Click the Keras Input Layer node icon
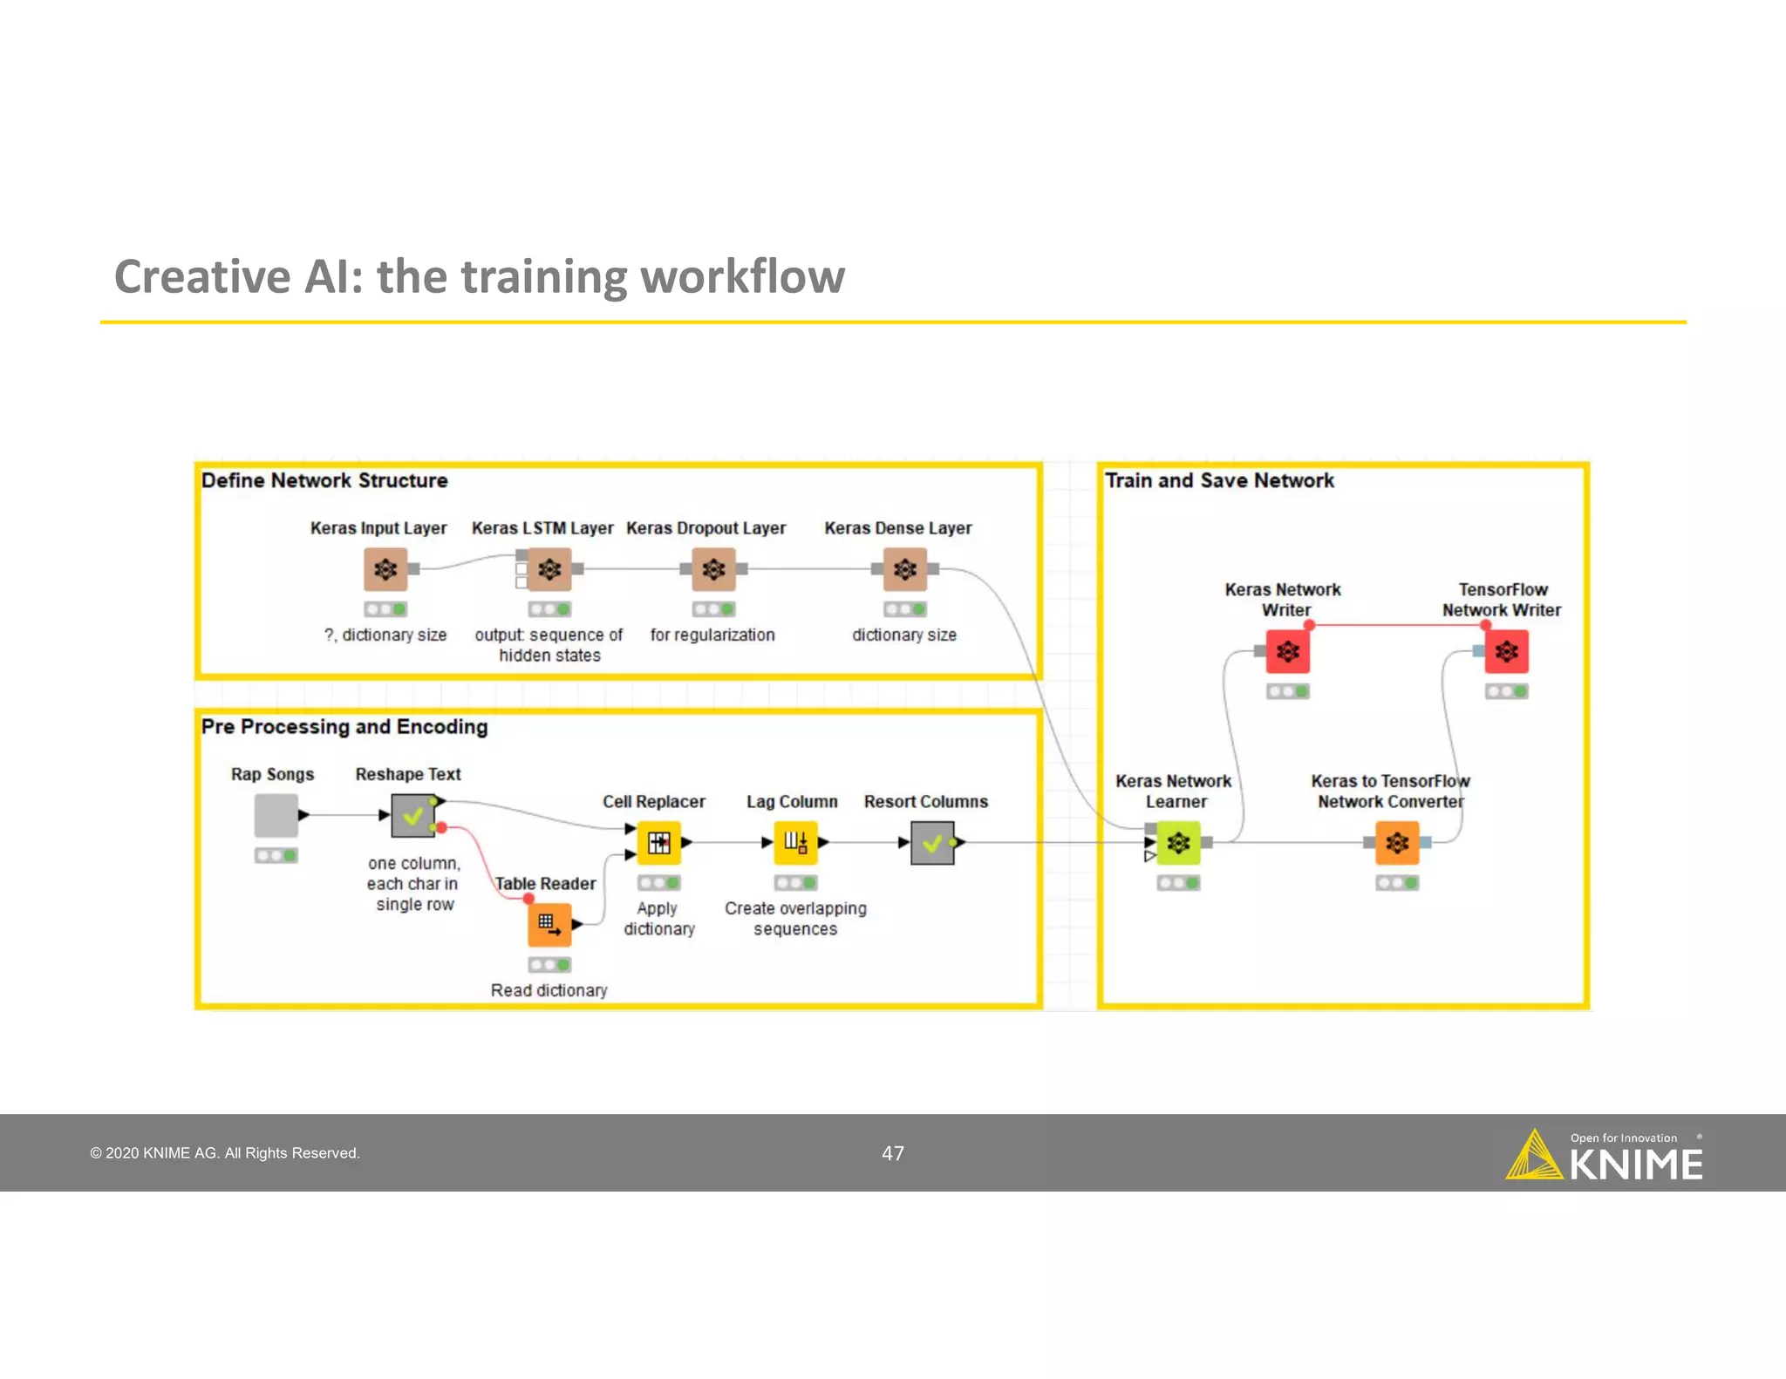[385, 569]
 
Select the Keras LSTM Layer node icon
[549, 569]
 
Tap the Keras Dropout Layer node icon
[713, 569]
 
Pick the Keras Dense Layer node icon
[905, 569]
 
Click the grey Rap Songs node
[276, 815]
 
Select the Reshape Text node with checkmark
[412, 816]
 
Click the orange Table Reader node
[549, 924]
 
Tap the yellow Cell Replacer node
[658, 843]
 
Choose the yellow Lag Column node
[795, 843]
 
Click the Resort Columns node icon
[932, 843]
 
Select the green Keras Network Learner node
[1178, 843]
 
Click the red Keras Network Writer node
[1287, 651]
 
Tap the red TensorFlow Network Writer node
[1506, 651]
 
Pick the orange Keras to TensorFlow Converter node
[1397, 843]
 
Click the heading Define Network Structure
[324, 480]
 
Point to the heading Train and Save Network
[1219, 480]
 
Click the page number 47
[893, 1153]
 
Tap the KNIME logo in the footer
[1605, 1157]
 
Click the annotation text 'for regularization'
[712, 635]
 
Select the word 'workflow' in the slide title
[742, 277]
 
